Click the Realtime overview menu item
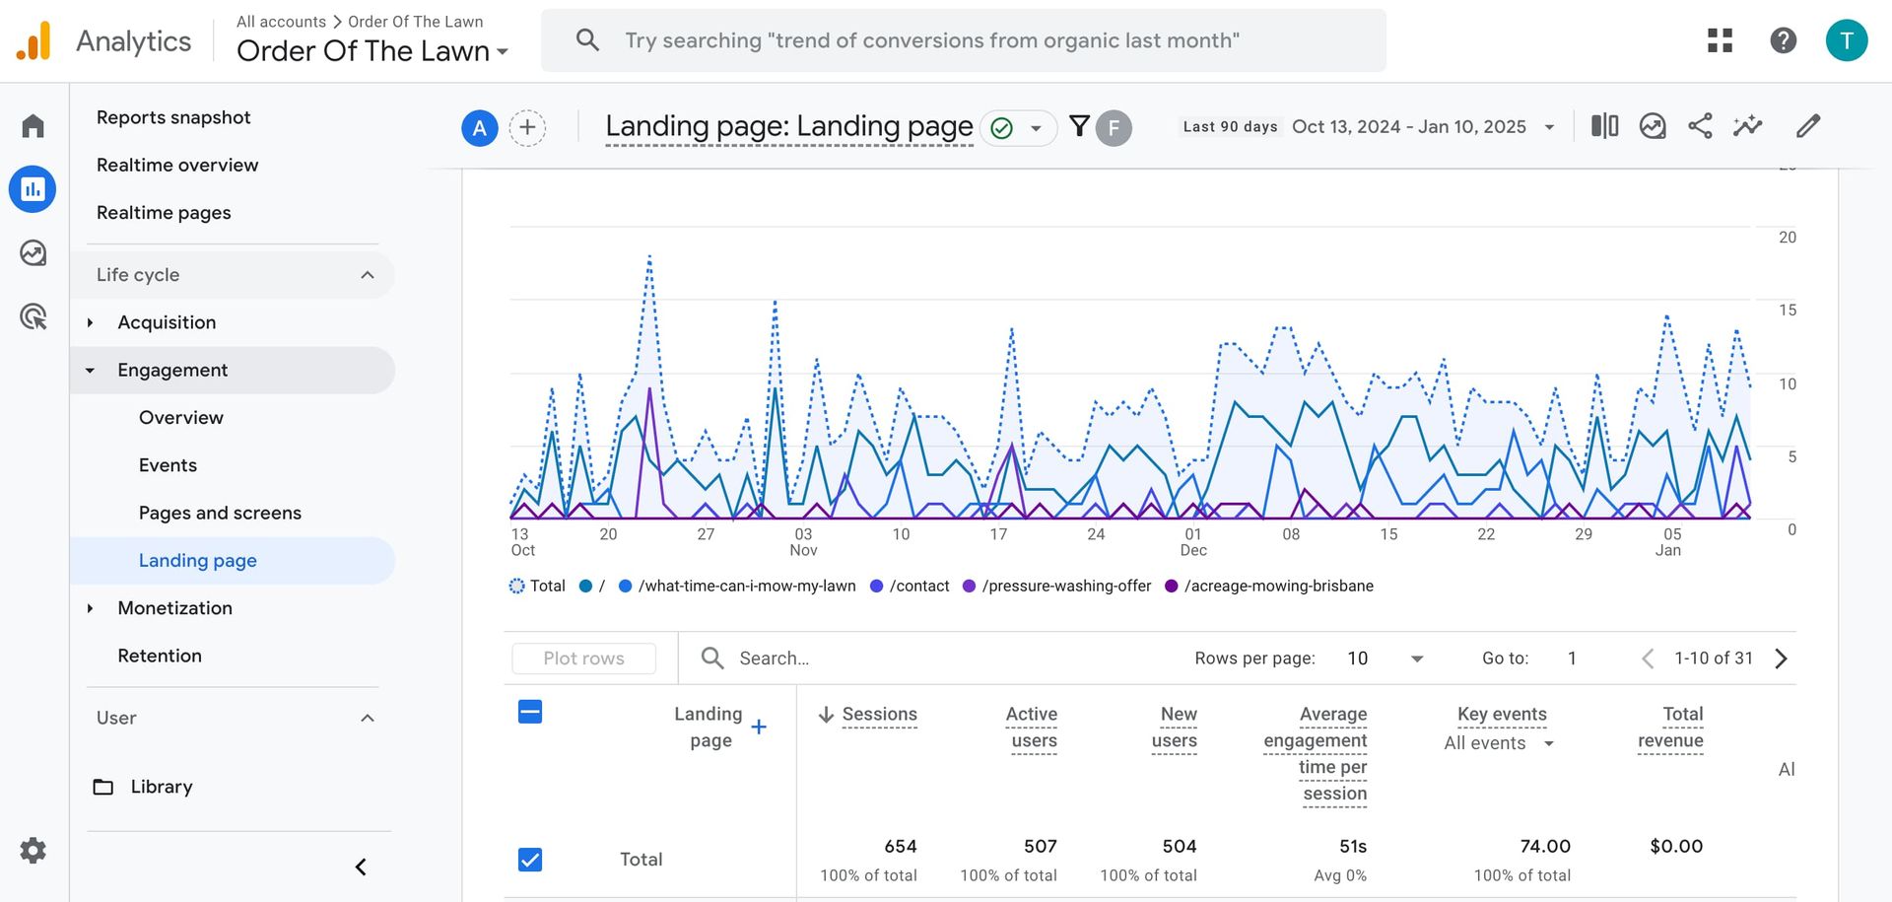[x=177, y=165]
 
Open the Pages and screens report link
[x=220, y=513]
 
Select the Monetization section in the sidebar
[x=174, y=608]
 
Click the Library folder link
[x=161, y=787]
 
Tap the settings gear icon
[x=34, y=850]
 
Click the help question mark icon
[x=1783, y=40]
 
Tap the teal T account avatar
[x=1846, y=40]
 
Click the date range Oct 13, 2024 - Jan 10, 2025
[x=1408, y=127]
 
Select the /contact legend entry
[x=918, y=586]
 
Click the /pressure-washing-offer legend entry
[x=1066, y=586]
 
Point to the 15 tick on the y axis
[x=1787, y=311]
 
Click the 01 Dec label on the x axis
[x=1193, y=541]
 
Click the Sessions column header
[x=879, y=714]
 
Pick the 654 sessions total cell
[x=900, y=846]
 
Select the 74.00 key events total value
[x=1544, y=846]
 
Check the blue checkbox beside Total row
[x=530, y=860]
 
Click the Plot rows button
[x=583, y=659]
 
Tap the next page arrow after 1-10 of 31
[x=1781, y=659]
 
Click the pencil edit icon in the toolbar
[x=1807, y=126]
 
